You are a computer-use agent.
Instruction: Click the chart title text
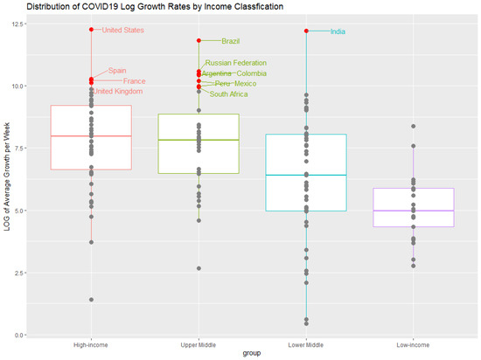[150, 6]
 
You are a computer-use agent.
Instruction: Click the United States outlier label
[123, 31]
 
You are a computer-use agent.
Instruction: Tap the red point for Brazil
[199, 40]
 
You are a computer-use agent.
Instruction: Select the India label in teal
[338, 32]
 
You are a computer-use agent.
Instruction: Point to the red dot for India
[306, 31]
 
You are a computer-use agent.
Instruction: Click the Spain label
[117, 71]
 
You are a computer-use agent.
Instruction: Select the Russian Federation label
[238, 64]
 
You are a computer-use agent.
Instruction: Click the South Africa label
[231, 94]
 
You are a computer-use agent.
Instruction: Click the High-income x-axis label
[91, 344]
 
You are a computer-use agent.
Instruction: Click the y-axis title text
[7, 179]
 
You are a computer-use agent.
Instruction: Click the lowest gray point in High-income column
[91, 300]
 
